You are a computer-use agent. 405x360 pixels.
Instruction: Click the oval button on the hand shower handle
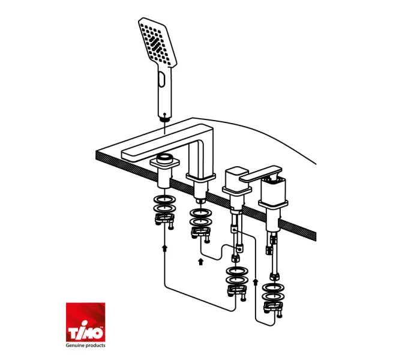pos(162,80)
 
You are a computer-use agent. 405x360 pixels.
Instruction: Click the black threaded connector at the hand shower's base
pos(164,119)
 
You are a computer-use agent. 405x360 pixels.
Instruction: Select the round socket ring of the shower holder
pos(165,157)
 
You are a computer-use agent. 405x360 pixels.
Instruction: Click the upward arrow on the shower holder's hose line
pos(164,248)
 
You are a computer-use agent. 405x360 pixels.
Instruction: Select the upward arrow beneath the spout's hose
pos(200,262)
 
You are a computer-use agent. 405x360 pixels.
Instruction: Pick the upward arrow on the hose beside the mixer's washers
pos(256,282)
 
